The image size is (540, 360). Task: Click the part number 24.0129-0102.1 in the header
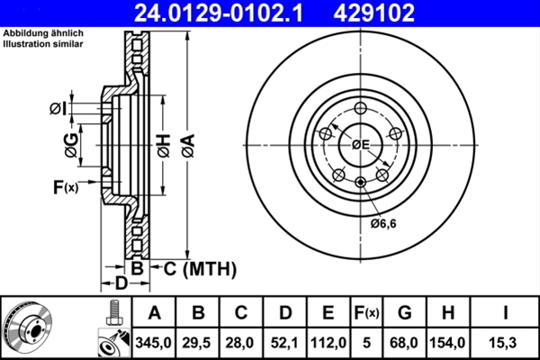tap(219, 13)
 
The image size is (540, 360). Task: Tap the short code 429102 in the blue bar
tap(374, 13)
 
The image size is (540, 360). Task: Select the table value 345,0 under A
tap(153, 343)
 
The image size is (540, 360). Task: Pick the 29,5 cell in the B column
tap(196, 343)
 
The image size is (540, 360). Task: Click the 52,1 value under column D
tap(284, 343)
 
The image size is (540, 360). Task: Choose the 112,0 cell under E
tap(328, 343)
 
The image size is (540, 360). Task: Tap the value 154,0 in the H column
tap(447, 343)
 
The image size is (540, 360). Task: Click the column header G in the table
tap(405, 313)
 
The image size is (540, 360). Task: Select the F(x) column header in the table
tap(366, 313)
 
